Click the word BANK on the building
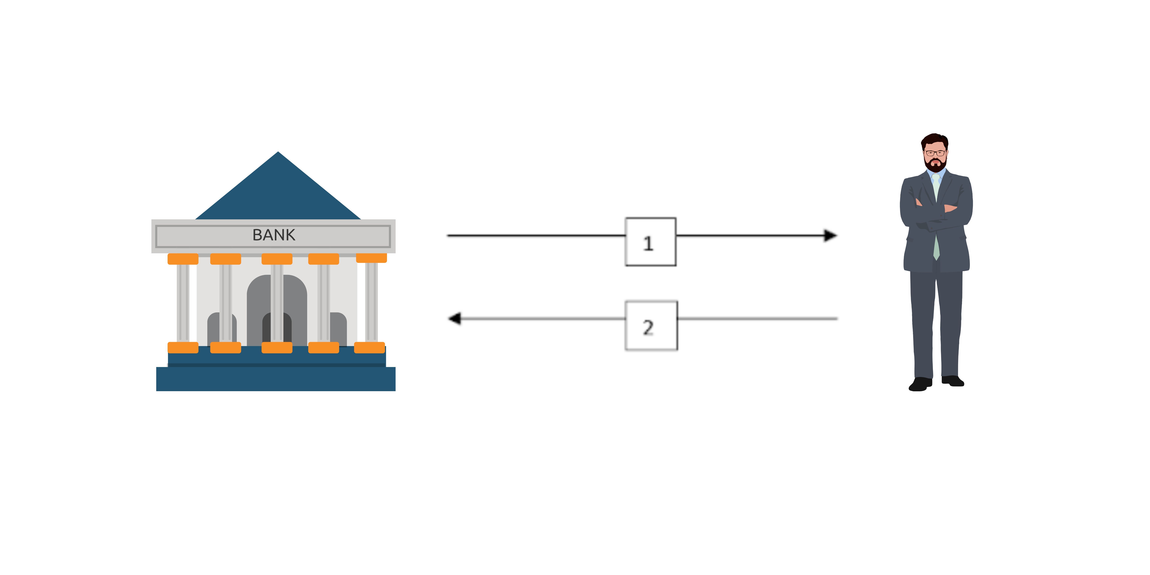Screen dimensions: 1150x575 point(274,235)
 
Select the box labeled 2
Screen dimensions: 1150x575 point(651,325)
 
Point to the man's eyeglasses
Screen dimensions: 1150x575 point(935,153)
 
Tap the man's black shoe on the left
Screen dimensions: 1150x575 point(921,384)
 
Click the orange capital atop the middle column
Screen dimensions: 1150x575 point(277,259)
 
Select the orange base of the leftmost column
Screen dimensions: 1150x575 point(183,348)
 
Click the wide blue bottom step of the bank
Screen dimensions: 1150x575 point(276,379)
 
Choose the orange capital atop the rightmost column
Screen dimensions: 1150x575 point(371,258)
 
